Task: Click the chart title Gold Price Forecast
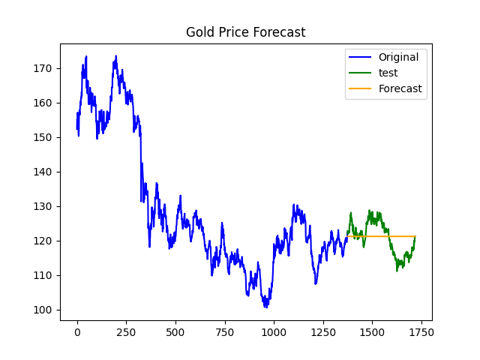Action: click(245, 32)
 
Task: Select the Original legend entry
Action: click(398, 57)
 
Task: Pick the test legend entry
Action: click(388, 73)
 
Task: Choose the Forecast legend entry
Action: click(400, 88)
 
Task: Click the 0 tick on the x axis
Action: click(77, 331)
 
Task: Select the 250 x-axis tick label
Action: click(126, 331)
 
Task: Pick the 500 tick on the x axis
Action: click(175, 331)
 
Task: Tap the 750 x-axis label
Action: click(224, 331)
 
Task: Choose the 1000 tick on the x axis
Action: click(274, 331)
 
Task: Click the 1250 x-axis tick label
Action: click(322, 331)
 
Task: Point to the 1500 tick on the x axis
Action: click(372, 331)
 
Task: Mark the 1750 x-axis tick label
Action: click(421, 331)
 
